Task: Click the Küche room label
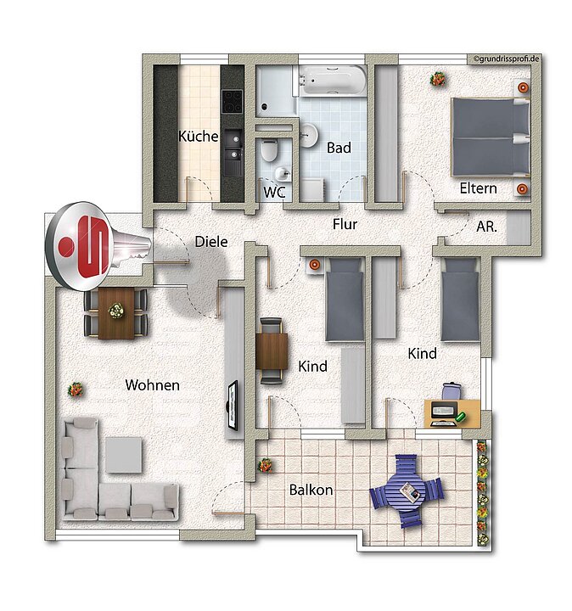point(198,136)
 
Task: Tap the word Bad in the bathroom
point(339,148)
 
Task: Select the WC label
point(274,192)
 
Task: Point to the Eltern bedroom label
point(478,188)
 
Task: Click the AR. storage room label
point(486,227)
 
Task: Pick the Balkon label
point(311,490)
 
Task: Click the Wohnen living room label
point(153,385)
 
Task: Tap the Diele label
point(211,242)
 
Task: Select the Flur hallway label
point(345,224)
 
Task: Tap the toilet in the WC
point(269,150)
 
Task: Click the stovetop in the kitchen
point(232,101)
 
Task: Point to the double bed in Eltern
point(491,137)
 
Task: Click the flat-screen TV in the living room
point(233,406)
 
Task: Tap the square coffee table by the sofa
point(124,455)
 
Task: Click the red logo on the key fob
point(84,247)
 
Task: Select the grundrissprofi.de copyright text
point(507,59)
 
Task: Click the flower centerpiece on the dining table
point(115,311)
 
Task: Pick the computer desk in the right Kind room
point(452,413)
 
